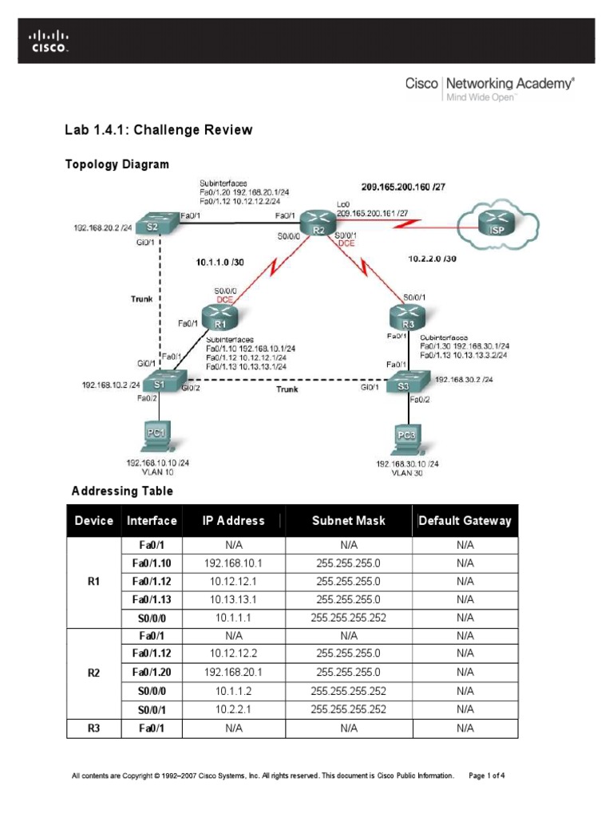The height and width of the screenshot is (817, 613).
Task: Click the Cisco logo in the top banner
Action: pos(49,41)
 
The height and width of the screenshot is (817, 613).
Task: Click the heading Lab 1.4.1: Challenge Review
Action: pos(158,129)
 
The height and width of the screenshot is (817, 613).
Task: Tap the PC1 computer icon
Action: pos(156,437)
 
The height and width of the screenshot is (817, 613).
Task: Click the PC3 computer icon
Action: pos(407,438)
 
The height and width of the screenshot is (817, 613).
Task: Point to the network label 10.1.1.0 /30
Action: pos(220,261)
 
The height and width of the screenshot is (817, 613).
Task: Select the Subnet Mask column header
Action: pos(348,521)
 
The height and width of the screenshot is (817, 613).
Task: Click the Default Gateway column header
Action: pos(465,521)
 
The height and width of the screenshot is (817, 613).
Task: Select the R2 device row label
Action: pos(93,673)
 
